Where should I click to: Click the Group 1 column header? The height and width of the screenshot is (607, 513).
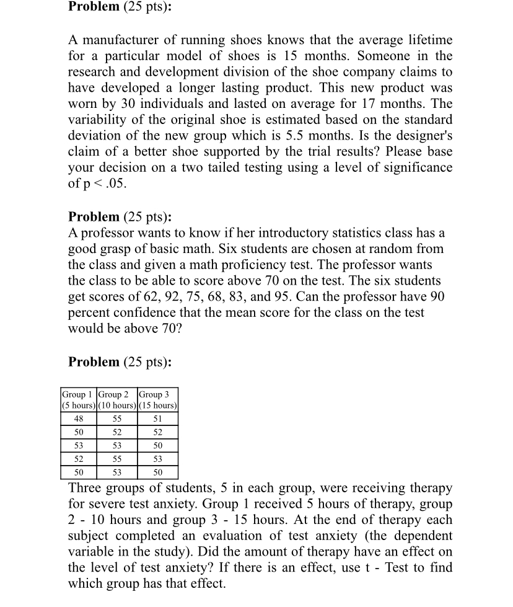click(x=78, y=394)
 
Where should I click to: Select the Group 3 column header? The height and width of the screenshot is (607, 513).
click(x=158, y=394)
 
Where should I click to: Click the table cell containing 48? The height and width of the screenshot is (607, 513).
click(x=78, y=419)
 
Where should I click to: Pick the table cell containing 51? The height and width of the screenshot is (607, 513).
click(x=158, y=419)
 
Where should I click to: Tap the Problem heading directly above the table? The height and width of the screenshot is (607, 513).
click(x=94, y=362)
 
